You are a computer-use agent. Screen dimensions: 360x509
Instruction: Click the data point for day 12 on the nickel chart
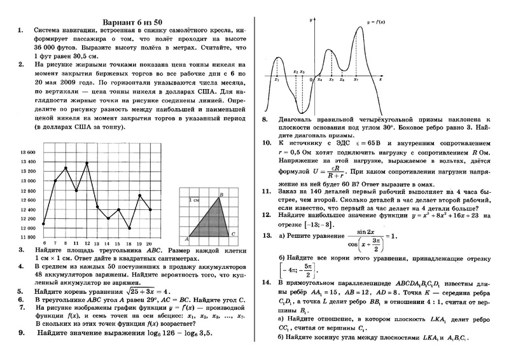(87, 163)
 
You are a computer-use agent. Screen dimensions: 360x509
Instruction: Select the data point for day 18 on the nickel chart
(129, 228)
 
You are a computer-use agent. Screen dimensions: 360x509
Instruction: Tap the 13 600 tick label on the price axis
(28, 153)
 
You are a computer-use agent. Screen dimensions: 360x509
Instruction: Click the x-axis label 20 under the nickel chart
(150, 244)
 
